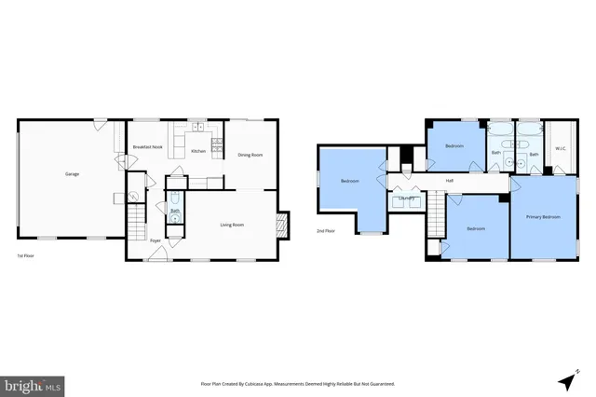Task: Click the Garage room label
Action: (x=72, y=174)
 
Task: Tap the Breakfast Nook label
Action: (x=147, y=147)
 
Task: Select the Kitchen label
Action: (x=198, y=151)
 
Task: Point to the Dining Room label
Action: (x=250, y=155)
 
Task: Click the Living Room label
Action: (x=232, y=225)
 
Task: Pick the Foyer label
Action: (x=156, y=240)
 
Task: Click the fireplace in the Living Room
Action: (x=281, y=225)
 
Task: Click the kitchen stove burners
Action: (x=217, y=145)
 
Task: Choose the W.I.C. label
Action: (x=561, y=148)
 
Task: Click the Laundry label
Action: (x=406, y=198)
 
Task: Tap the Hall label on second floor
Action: (x=450, y=180)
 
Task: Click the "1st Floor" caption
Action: (x=27, y=255)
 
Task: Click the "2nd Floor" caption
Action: (x=326, y=230)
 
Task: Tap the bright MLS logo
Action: (x=34, y=383)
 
